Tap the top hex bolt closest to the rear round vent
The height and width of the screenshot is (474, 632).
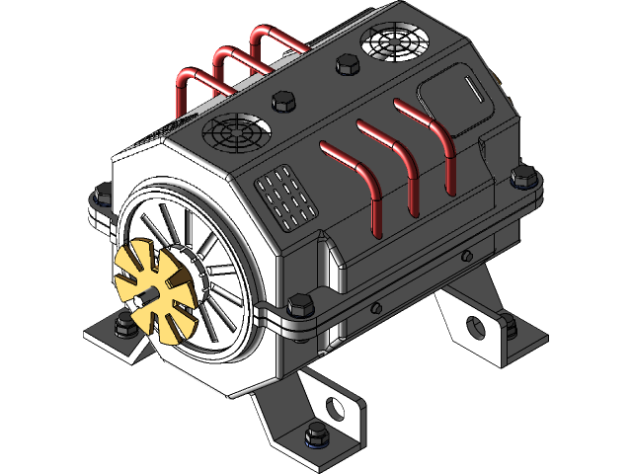(345, 65)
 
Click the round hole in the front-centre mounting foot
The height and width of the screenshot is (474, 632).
(335, 407)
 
